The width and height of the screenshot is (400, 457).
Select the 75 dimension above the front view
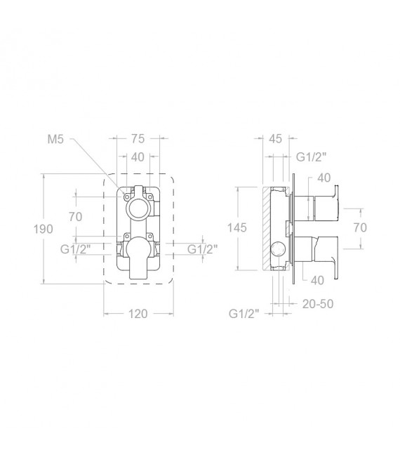tap(139, 139)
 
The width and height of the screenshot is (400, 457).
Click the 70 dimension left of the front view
tap(76, 217)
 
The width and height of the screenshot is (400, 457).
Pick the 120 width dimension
tap(138, 313)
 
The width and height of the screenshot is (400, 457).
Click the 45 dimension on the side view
tap(276, 139)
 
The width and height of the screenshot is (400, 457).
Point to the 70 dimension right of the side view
tap(360, 227)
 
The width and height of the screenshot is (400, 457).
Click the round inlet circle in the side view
tap(278, 249)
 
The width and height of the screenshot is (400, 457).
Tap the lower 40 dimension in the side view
tap(316, 280)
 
